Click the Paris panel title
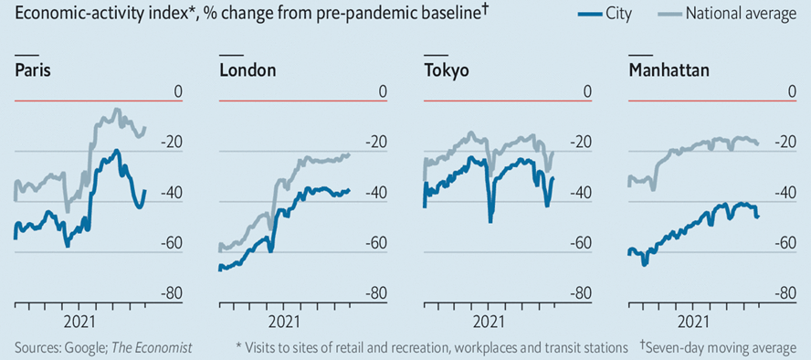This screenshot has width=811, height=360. (x=33, y=70)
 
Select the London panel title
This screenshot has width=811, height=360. (x=248, y=70)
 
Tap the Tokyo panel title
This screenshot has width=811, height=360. (x=447, y=70)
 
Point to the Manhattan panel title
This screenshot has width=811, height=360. (x=669, y=70)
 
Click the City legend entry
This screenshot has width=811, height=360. (x=606, y=15)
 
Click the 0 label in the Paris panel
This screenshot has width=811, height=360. (x=178, y=92)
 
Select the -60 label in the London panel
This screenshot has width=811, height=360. (x=379, y=243)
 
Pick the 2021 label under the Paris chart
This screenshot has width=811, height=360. (x=79, y=322)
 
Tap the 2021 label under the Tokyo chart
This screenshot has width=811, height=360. (x=489, y=322)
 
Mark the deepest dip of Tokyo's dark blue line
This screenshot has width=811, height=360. (x=490, y=221)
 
